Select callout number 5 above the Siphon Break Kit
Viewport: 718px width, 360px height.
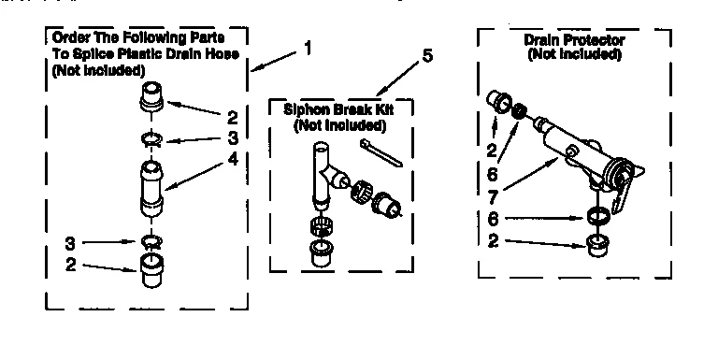coord(427,56)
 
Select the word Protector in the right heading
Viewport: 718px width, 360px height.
coord(598,41)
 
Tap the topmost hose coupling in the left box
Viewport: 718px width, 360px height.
coord(151,97)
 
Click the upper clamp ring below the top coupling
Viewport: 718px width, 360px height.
coord(150,140)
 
